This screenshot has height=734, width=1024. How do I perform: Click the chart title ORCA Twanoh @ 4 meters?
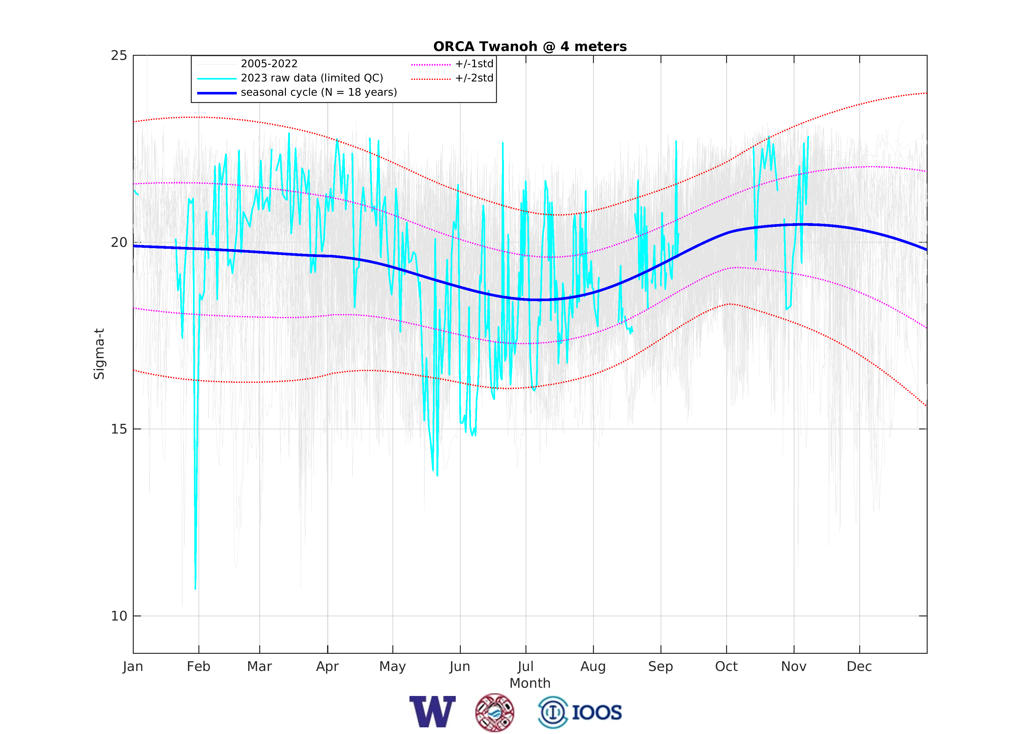(530, 47)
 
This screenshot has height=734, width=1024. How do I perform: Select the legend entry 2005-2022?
(269, 64)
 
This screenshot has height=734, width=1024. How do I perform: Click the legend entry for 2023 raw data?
(312, 78)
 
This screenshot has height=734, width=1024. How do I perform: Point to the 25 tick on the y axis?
(119, 55)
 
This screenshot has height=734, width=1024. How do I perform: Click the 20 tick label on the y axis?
(119, 242)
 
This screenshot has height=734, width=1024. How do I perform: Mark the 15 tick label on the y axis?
(119, 429)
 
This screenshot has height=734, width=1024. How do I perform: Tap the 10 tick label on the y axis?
(119, 616)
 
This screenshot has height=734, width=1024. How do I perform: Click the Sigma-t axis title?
(99, 354)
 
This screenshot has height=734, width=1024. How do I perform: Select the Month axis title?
(530, 683)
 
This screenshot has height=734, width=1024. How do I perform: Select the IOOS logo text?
(596, 713)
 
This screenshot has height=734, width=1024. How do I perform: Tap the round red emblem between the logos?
(494, 712)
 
